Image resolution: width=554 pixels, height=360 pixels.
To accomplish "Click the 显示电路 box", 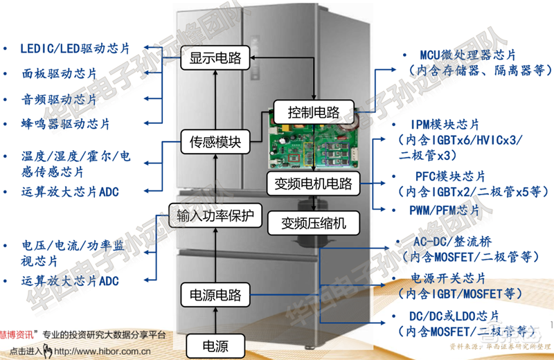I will pos(215,60).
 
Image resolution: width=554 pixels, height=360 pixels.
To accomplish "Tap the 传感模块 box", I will pos(215,142).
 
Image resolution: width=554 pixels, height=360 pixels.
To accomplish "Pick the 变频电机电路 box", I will pos(313,184).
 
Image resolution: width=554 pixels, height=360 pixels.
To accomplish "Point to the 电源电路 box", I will pos(215,296).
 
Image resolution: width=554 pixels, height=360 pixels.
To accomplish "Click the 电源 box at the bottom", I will pos(215,345).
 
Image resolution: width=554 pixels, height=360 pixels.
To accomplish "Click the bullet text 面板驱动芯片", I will pos(60,73).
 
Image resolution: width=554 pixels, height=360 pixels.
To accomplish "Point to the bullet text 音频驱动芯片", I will pos(60,98).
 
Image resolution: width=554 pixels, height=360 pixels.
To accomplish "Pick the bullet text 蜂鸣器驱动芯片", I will pos(66,124).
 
